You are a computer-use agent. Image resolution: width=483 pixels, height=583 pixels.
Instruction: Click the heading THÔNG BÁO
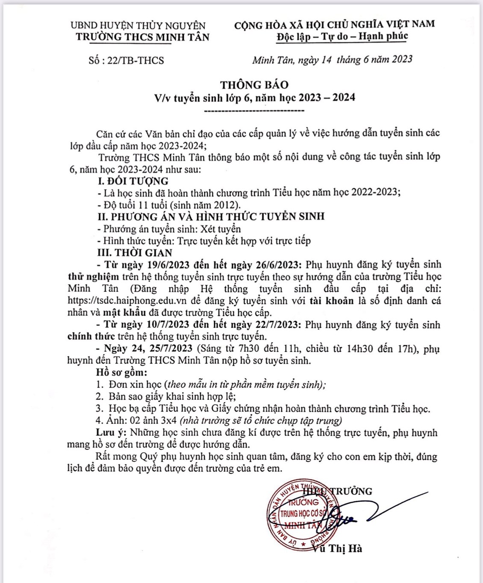tap(254, 85)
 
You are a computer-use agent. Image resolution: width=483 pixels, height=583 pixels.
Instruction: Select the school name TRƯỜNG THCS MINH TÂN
tap(143, 37)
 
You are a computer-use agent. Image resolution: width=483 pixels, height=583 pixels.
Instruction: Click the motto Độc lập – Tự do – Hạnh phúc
tap(342, 36)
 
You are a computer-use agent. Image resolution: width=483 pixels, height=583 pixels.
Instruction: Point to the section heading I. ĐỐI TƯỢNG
tap(133, 181)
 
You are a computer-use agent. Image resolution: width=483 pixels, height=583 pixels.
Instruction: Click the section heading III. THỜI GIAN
tap(135, 253)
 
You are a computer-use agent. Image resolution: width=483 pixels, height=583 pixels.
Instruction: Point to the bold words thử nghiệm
tap(94, 277)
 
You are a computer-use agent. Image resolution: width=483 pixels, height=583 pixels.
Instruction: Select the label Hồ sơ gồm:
tap(121, 373)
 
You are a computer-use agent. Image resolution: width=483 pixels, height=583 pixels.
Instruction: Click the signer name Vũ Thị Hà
tap(338, 549)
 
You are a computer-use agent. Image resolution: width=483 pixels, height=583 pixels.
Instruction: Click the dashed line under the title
tap(254, 111)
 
